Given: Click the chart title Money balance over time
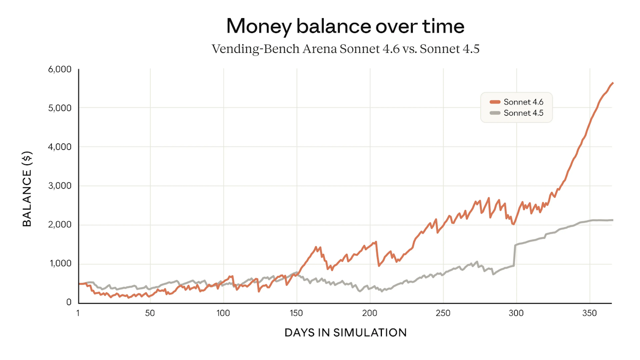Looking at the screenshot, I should pyautogui.click(x=345, y=26).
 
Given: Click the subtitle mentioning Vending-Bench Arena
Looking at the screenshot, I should pyautogui.click(x=345, y=49).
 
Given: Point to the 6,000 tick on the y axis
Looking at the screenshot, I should pyautogui.click(x=60, y=69).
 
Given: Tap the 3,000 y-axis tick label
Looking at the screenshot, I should pyautogui.click(x=60, y=186).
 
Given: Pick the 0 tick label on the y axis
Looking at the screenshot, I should pyautogui.click(x=69, y=302).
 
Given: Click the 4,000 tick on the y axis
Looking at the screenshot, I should pyautogui.click(x=60, y=147).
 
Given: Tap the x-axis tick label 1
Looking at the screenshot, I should pyautogui.click(x=78, y=313).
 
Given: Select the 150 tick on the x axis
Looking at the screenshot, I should pyautogui.click(x=296, y=313).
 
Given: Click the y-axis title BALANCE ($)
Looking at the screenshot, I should pyautogui.click(x=27, y=186).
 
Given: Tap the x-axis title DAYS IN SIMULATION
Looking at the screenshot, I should pyautogui.click(x=345, y=333).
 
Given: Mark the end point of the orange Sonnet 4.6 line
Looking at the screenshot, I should pyautogui.click(x=613, y=83).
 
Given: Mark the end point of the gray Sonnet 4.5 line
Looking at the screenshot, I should pyautogui.click(x=613, y=220).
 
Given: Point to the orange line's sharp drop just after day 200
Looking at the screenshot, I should pyautogui.click(x=378, y=253).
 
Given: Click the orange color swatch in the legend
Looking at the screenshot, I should pyautogui.click(x=494, y=102).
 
